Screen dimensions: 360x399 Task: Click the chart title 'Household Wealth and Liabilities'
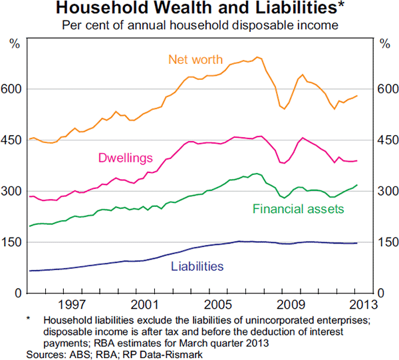[x=196, y=9]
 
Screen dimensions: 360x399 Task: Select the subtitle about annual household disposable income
[x=199, y=26]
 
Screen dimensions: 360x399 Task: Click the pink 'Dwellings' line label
[x=126, y=158]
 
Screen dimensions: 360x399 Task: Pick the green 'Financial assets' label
[x=298, y=209]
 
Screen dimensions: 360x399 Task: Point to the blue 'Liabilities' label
[x=197, y=266]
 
